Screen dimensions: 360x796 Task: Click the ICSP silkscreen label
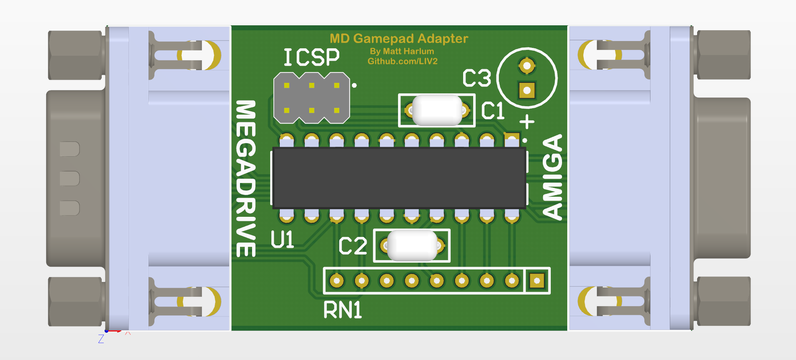coord(312,57)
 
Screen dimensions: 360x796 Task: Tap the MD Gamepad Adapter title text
coord(399,39)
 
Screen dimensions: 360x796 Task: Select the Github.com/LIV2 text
coord(402,62)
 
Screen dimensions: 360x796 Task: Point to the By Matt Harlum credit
coord(402,51)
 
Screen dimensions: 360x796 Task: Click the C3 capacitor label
coord(477,78)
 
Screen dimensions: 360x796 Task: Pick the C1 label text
coord(493,111)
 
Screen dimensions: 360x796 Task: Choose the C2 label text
coord(353,246)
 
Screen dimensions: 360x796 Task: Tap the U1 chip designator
coord(283,240)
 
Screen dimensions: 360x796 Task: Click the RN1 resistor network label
coord(343,310)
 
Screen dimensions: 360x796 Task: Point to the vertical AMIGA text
coord(552,177)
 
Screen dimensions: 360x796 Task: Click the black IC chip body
coord(399,178)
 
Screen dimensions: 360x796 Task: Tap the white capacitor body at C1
coord(437,110)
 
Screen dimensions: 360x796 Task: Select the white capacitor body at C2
coord(412,245)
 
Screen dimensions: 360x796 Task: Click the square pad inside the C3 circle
coord(527,91)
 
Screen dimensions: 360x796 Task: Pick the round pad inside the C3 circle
coord(527,65)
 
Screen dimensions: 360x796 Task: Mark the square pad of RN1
coord(537,281)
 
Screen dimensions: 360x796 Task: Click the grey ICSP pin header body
coord(312,98)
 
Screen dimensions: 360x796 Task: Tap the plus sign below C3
coord(527,121)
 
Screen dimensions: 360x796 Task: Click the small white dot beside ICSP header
coord(354,85)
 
